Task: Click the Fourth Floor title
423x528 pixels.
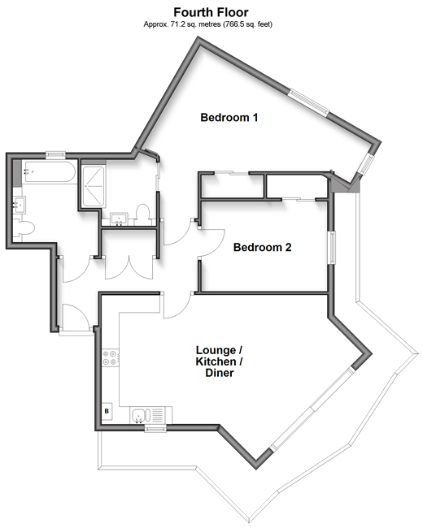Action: pyautogui.click(x=211, y=12)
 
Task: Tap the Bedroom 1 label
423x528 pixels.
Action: pyautogui.click(x=229, y=118)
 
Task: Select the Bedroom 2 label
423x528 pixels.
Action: pyautogui.click(x=262, y=248)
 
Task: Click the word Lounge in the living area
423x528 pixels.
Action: pyautogui.click(x=216, y=350)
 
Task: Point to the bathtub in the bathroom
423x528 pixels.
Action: pyautogui.click(x=49, y=172)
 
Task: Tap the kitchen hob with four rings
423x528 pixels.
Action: pyautogui.click(x=111, y=357)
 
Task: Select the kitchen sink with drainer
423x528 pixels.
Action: pyautogui.click(x=150, y=415)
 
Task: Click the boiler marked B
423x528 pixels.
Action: pyautogui.click(x=107, y=411)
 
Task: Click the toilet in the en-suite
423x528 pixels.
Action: pyautogui.click(x=142, y=214)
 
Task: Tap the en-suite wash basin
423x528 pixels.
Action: pyautogui.click(x=119, y=219)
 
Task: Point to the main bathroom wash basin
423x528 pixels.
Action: pyautogui.click(x=19, y=205)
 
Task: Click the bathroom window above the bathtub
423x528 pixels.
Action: pyautogui.click(x=55, y=155)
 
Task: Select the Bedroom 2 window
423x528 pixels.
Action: pyautogui.click(x=333, y=248)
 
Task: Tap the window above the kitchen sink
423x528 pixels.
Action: pyautogui.click(x=155, y=429)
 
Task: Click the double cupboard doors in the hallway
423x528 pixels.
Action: pyautogui.click(x=129, y=267)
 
